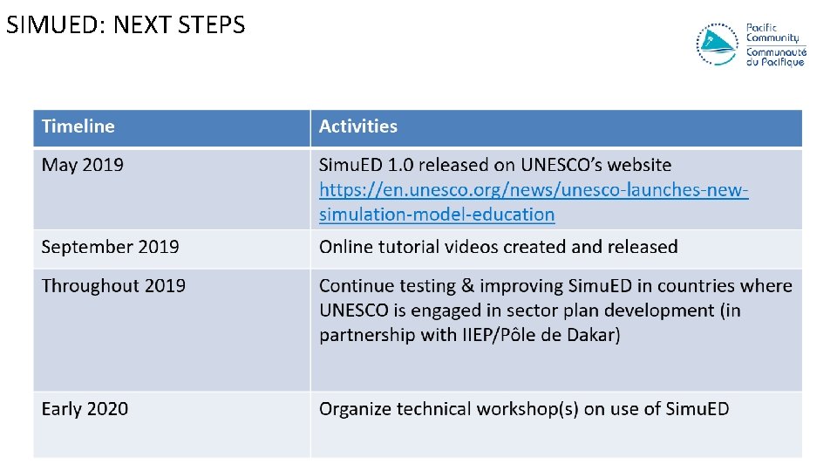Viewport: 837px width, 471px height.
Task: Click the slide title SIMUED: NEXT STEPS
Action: click(126, 24)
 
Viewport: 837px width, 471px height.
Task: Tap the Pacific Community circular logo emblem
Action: click(717, 44)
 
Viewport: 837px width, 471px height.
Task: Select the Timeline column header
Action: click(78, 126)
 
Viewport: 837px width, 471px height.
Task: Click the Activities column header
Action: click(358, 126)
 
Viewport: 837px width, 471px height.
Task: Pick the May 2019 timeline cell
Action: click(83, 165)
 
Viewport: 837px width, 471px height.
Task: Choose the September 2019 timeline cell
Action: click(110, 247)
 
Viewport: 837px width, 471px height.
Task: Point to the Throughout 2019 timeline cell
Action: click(113, 286)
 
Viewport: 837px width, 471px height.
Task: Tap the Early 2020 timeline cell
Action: click(85, 409)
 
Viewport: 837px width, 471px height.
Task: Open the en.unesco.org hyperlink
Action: click(533, 201)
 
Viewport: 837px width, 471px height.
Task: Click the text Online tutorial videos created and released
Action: click(498, 247)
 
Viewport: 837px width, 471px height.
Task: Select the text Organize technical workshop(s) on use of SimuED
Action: click(524, 409)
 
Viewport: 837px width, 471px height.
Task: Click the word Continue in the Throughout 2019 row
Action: click(354, 286)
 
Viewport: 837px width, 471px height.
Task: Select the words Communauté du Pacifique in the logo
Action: click(775, 57)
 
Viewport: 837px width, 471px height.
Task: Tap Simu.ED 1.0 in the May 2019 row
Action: click(365, 165)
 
